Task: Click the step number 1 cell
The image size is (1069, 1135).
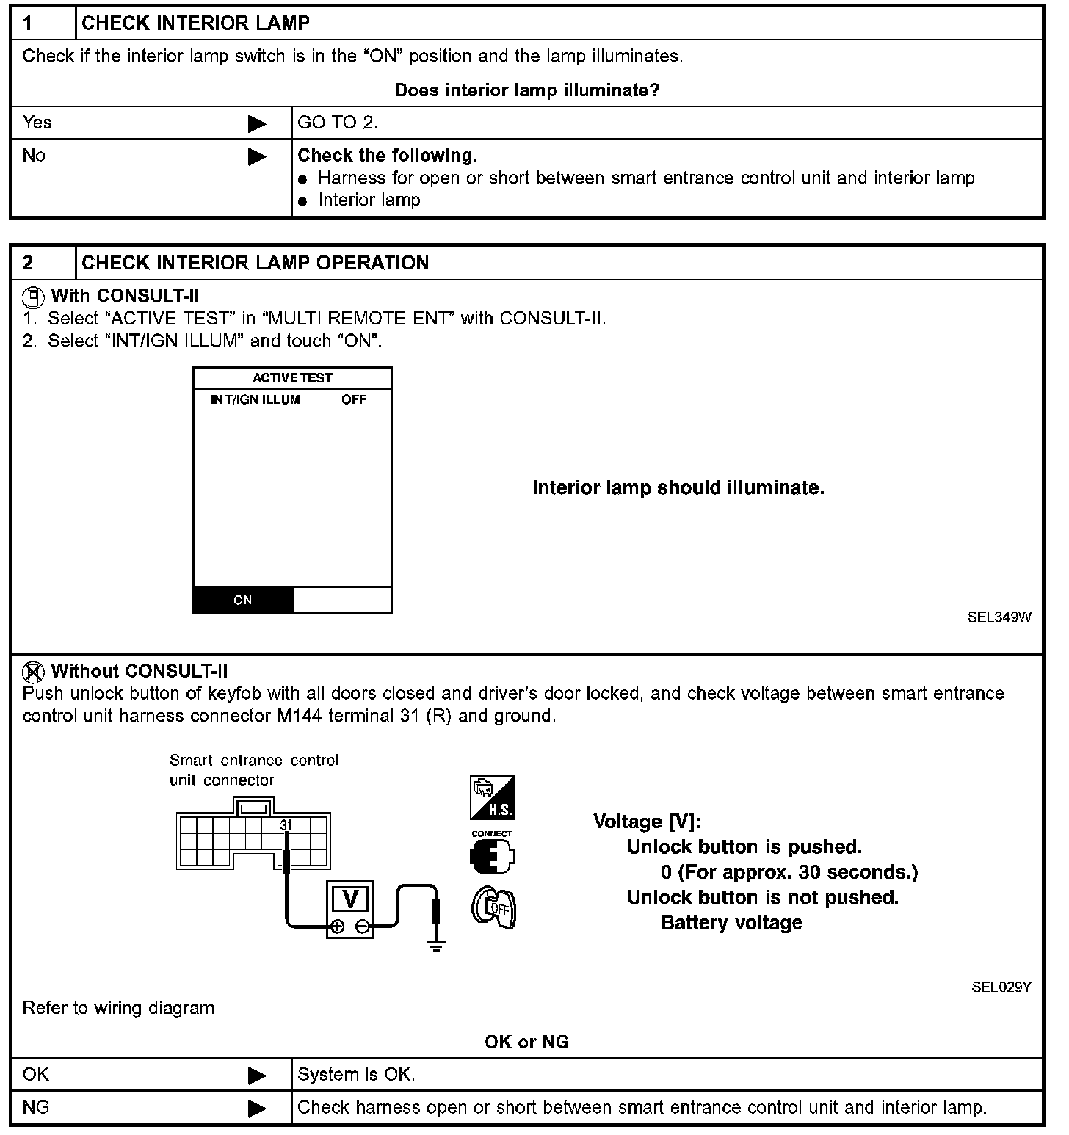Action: [43, 23]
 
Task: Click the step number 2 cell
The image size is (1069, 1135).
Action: [43, 263]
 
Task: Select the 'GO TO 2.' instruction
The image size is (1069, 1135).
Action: [338, 123]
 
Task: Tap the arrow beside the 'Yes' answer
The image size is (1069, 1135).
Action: [257, 123]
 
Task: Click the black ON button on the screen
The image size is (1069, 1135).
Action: [243, 600]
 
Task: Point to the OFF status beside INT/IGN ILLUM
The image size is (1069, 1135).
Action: [354, 399]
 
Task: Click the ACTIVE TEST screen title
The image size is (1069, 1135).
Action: [292, 378]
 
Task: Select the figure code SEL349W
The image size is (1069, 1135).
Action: [999, 617]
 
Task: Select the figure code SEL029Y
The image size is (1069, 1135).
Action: [1001, 987]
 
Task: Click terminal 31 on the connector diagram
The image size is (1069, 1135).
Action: [286, 825]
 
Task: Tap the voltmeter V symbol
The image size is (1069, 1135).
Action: [350, 899]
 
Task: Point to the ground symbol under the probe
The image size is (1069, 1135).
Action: [437, 946]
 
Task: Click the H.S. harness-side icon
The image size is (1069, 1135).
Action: [492, 798]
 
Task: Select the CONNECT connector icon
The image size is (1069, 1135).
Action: [492, 854]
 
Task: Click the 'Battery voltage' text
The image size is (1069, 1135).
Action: [731, 923]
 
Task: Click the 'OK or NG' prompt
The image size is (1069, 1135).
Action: [526, 1042]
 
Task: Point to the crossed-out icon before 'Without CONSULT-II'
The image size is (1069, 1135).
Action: [34, 671]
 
